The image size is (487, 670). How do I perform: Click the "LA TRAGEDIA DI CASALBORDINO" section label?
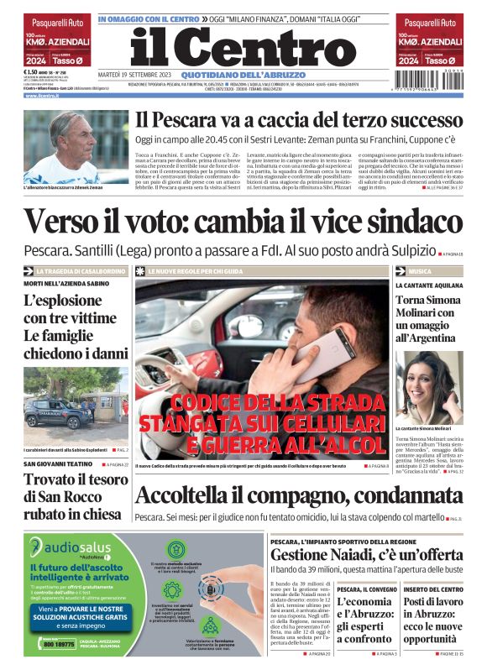point(81,271)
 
